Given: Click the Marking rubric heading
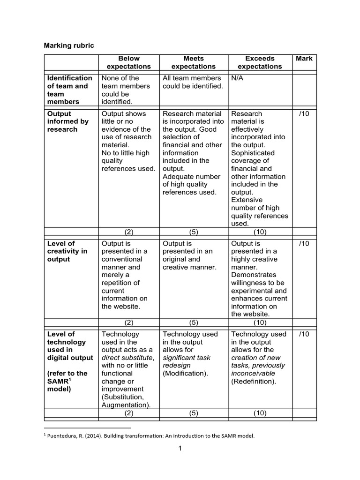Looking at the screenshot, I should (68, 45).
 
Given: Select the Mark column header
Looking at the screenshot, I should (304, 59).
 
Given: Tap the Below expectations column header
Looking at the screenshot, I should (129, 62).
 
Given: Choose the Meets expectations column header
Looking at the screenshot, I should (193, 62).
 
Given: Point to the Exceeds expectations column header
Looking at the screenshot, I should (260, 62).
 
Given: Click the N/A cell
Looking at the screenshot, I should (237, 78).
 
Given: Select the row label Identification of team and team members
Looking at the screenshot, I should (69, 90).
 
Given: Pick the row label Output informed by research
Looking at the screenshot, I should (67, 121).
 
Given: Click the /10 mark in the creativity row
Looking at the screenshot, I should (304, 244).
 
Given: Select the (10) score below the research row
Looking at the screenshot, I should (260, 231).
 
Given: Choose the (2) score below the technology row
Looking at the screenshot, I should (129, 413).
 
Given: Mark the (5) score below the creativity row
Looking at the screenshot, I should (193, 322).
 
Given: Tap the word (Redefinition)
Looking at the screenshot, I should (254, 382).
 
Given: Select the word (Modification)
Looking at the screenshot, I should (185, 374).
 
